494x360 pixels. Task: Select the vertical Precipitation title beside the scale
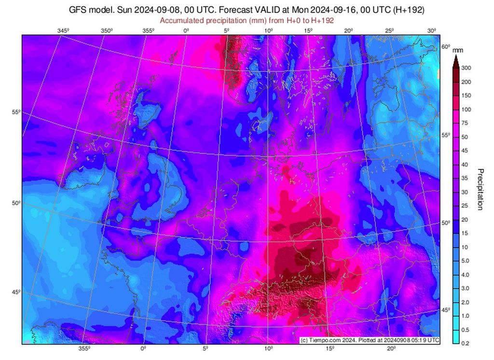pos(480,189)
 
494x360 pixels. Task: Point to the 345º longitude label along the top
pos(63,31)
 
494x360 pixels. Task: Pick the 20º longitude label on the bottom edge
pos(391,348)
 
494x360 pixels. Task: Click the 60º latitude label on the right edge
pos(446,47)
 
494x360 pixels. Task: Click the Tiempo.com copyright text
pos(370,340)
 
